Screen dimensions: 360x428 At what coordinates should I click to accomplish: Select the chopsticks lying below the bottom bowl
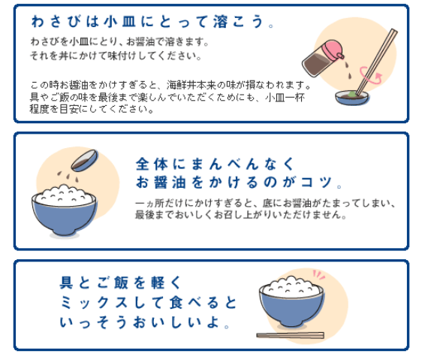[x=290, y=335]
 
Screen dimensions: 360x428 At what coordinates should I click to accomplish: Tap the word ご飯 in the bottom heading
[x=107, y=283]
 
